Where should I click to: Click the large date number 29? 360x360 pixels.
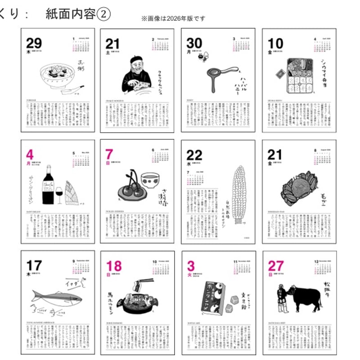pos(34,44)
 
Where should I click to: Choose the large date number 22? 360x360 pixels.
pos(194,155)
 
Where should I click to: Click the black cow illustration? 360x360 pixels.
pos(306,297)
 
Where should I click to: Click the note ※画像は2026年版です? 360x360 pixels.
pos(173,18)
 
